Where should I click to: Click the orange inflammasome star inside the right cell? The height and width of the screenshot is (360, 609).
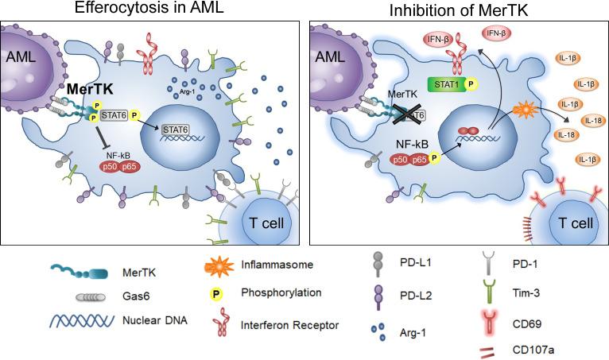[x=524, y=109]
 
